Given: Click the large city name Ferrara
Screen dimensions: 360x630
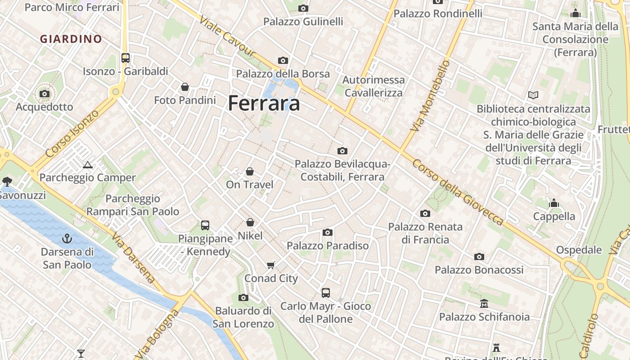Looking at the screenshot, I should [x=264, y=103].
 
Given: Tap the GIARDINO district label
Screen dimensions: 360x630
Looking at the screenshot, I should [x=71, y=39].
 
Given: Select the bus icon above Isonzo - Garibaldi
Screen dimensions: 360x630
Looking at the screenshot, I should [x=126, y=58].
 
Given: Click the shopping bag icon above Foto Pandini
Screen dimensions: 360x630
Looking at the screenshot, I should [x=184, y=87].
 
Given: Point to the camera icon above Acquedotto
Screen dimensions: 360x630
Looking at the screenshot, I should [x=45, y=94].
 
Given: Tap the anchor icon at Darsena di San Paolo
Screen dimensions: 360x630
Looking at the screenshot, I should [x=67, y=238].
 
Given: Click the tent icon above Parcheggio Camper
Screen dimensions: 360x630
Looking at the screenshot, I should [x=88, y=165].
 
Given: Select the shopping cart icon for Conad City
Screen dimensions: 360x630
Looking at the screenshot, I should [x=270, y=265].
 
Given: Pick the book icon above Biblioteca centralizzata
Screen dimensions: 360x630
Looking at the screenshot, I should [x=533, y=95].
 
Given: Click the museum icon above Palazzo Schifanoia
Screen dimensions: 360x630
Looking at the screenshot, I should [x=484, y=304].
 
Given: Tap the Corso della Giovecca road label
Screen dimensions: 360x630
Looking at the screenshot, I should [x=457, y=192].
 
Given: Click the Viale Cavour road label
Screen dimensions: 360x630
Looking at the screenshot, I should [x=227, y=38].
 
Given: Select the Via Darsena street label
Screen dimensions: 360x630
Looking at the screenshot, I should [x=134, y=257].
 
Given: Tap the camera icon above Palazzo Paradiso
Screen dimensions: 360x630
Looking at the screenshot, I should [x=328, y=232].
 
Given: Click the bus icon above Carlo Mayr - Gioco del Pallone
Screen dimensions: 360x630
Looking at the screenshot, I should [x=326, y=293].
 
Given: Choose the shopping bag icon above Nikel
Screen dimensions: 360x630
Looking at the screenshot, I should [x=250, y=222].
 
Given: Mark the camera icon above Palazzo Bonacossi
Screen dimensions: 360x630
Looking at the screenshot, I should [x=479, y=256].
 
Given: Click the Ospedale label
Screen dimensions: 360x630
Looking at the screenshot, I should [x=579, y=250].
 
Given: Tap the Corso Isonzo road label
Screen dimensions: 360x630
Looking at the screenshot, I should [x=72, y=134].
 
